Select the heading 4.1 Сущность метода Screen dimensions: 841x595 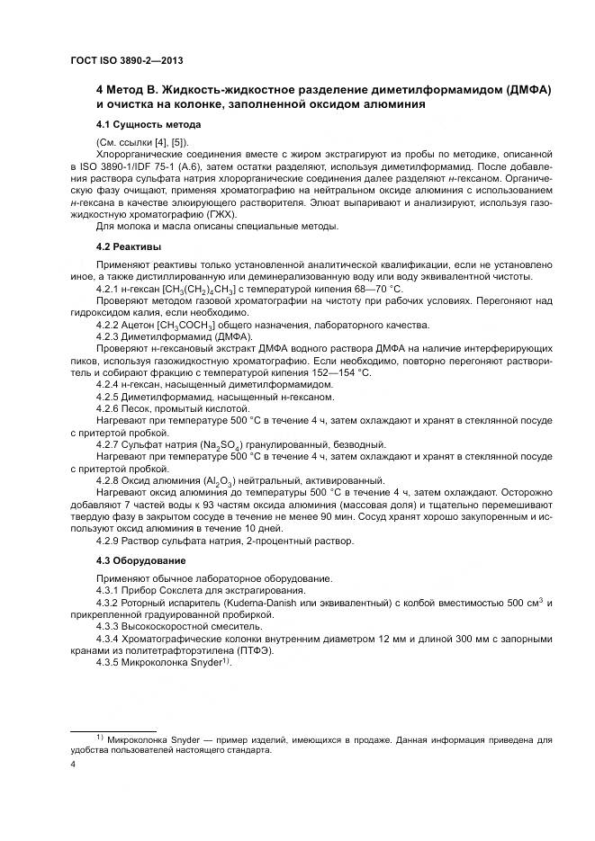(x=148, y=123)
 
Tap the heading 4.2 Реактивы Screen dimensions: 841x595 (x=129, y=245)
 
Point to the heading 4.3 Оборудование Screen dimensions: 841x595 (x=140, y=559)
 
